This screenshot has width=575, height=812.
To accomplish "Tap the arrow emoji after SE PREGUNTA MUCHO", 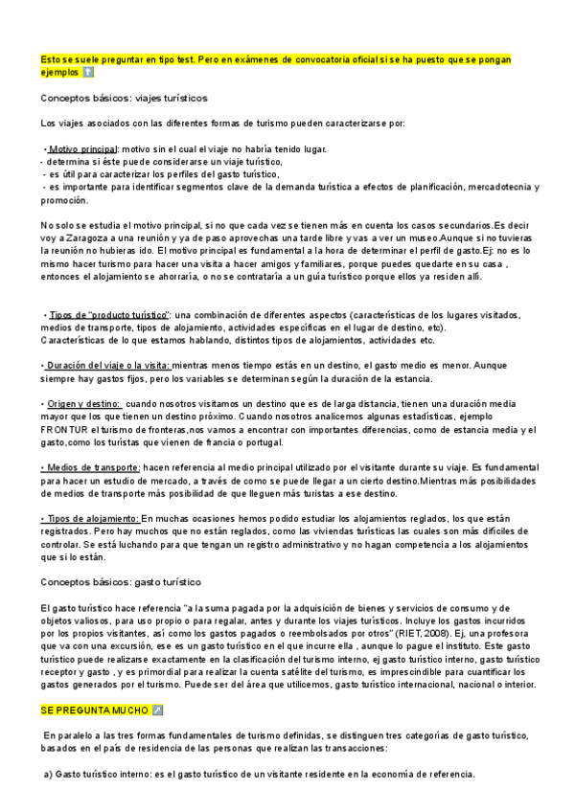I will [157, 710].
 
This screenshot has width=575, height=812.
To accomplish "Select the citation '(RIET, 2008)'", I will [424, 633].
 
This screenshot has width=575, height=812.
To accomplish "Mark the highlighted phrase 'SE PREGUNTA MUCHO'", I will [94, 710].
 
